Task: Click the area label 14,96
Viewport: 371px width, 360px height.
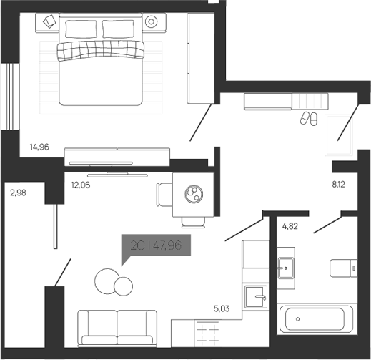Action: (39, 148)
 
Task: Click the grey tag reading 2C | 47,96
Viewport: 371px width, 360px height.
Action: (157, 245)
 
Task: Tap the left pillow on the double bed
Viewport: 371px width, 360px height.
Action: (81, 29)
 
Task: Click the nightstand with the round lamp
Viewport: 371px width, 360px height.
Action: (152, 21)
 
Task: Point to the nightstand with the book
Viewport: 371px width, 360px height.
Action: (49, 21)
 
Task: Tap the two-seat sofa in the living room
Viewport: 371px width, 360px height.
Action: (117, 329)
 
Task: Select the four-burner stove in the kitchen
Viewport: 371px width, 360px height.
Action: (207, 335)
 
